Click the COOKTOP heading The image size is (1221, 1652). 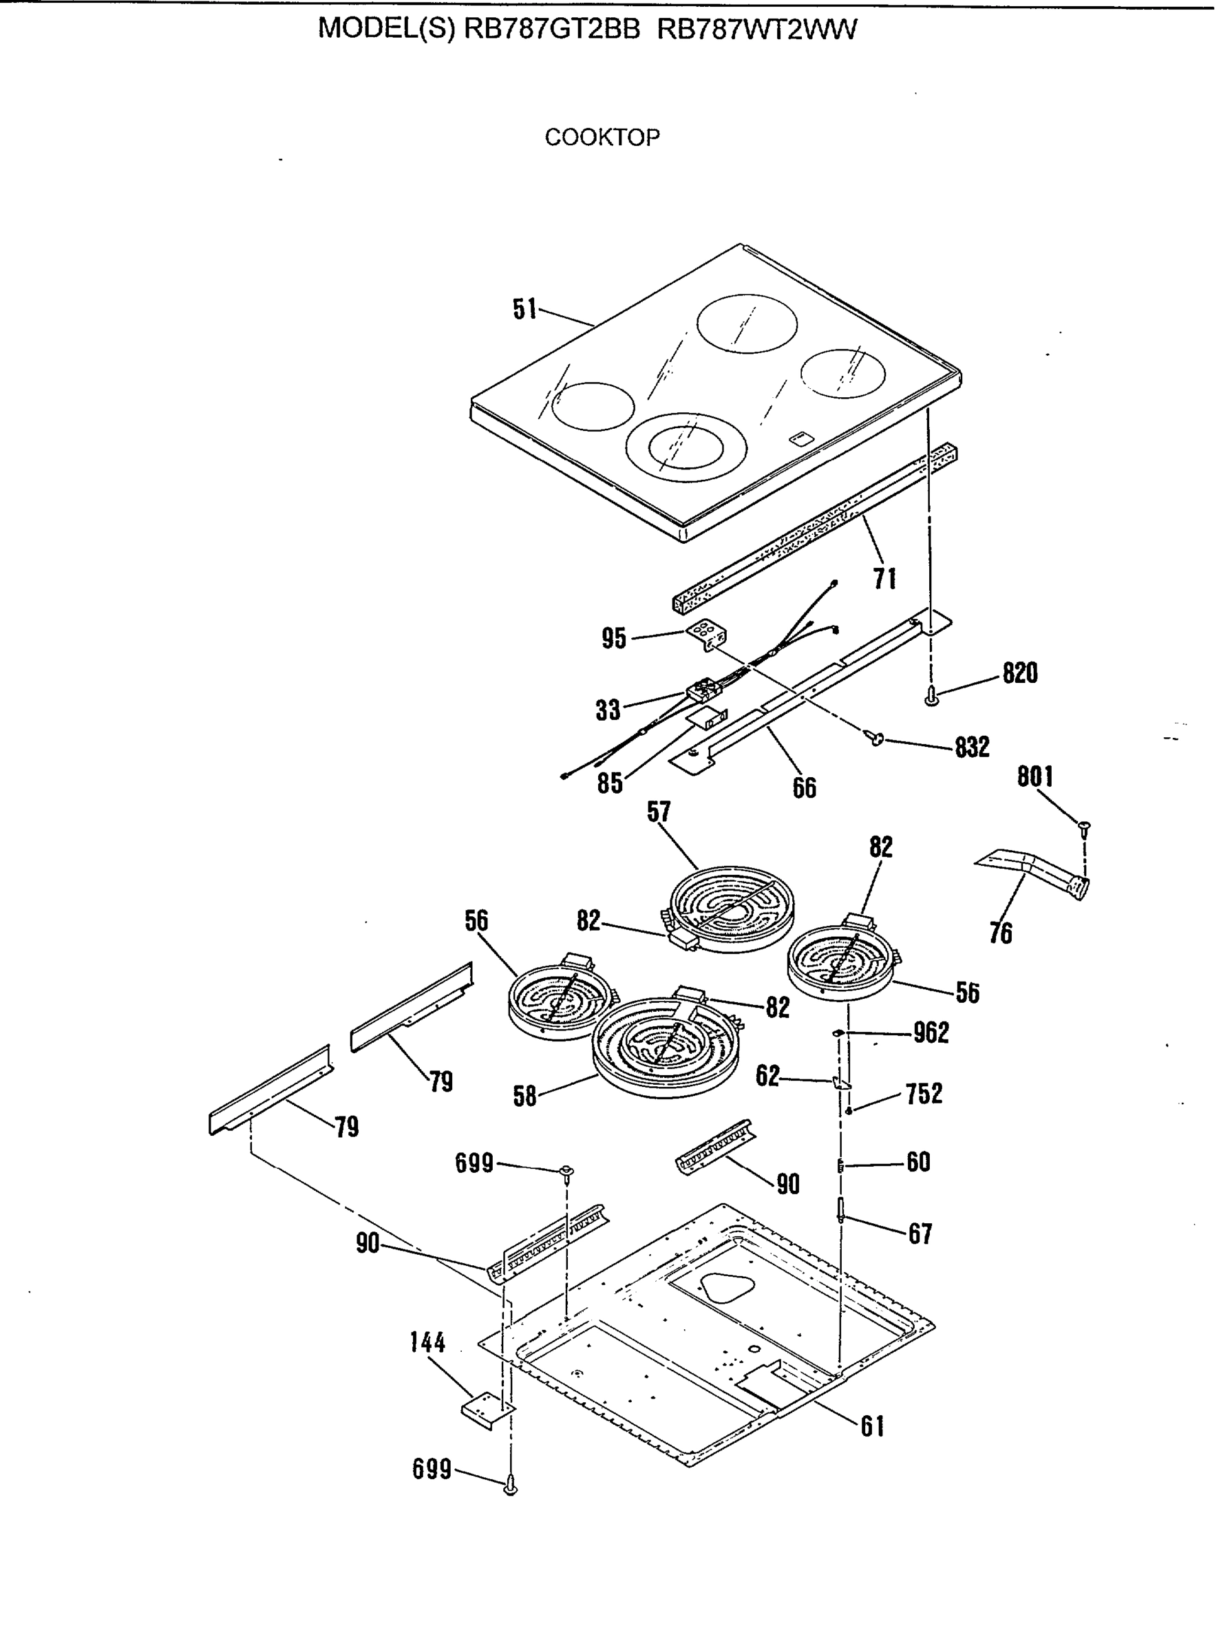pos(602,138)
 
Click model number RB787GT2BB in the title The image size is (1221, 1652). pos(551,30)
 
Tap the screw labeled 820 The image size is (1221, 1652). pos(932,695)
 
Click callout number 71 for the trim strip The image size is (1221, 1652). pos(884,578)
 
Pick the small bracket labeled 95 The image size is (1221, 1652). pos(708,635)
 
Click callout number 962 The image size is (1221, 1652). pos(931,1032)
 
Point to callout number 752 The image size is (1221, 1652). pos(924,1093)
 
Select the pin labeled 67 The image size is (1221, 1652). pos(842,1210)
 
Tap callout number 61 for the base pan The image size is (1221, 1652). pos(872,1426)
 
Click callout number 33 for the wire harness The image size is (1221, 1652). pos(608,710)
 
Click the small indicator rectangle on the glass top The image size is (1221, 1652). pos(799,439)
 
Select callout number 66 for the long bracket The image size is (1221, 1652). pos(804,788)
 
